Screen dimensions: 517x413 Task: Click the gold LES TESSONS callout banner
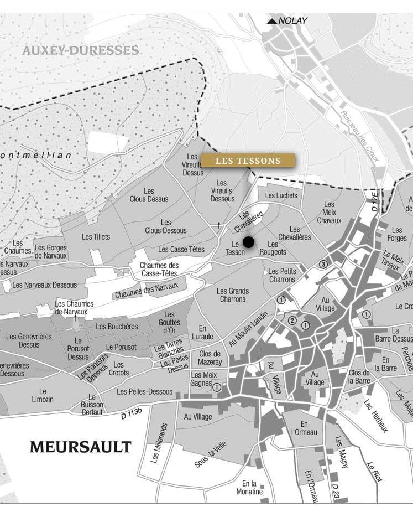point(248,161)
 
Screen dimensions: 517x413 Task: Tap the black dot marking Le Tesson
point(248,242)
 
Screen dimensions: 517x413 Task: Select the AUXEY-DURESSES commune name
point(80,51)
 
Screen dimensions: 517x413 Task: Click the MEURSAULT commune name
point(80,447)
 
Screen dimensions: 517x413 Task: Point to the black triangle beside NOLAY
point(271,22)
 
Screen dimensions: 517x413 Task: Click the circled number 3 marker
point(323,264)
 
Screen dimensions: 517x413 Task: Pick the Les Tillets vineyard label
point(96,237)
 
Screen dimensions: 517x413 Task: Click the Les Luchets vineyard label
point(281,195)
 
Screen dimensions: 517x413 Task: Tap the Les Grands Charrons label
point(233,295)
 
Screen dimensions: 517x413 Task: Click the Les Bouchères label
point(117,327)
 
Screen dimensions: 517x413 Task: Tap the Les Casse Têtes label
point(181,250)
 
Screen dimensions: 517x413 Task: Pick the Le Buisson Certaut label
point(92,405)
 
